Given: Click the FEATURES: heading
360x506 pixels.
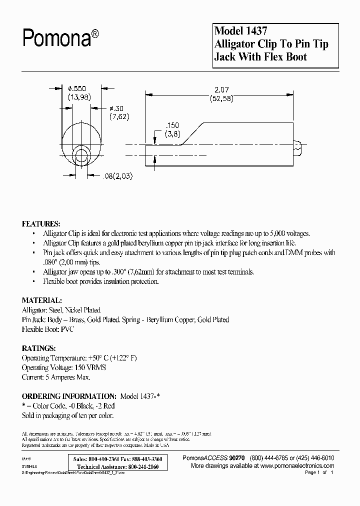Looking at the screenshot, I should point(41,223).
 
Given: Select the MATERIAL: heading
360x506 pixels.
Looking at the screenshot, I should point(42,300).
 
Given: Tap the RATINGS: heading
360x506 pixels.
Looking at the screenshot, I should point(39,348).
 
